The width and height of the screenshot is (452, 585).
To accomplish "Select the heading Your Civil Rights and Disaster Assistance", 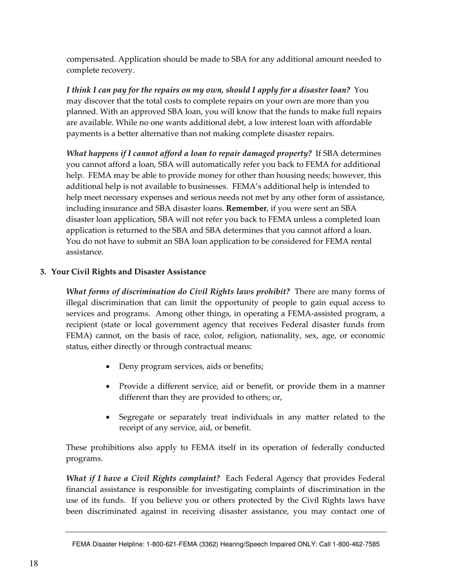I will [x=128, y=272].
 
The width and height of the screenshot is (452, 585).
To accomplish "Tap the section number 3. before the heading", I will [x=43, y=272].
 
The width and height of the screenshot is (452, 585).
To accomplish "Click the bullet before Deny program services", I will [x=109, y=367].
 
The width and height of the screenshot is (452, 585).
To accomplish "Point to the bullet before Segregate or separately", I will [x=109, y=418].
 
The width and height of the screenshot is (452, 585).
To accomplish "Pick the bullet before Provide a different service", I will [x=109, y=387].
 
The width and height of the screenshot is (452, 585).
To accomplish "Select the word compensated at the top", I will [x=90, y=59].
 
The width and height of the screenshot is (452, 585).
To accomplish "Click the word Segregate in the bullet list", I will [x=137, y=417].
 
